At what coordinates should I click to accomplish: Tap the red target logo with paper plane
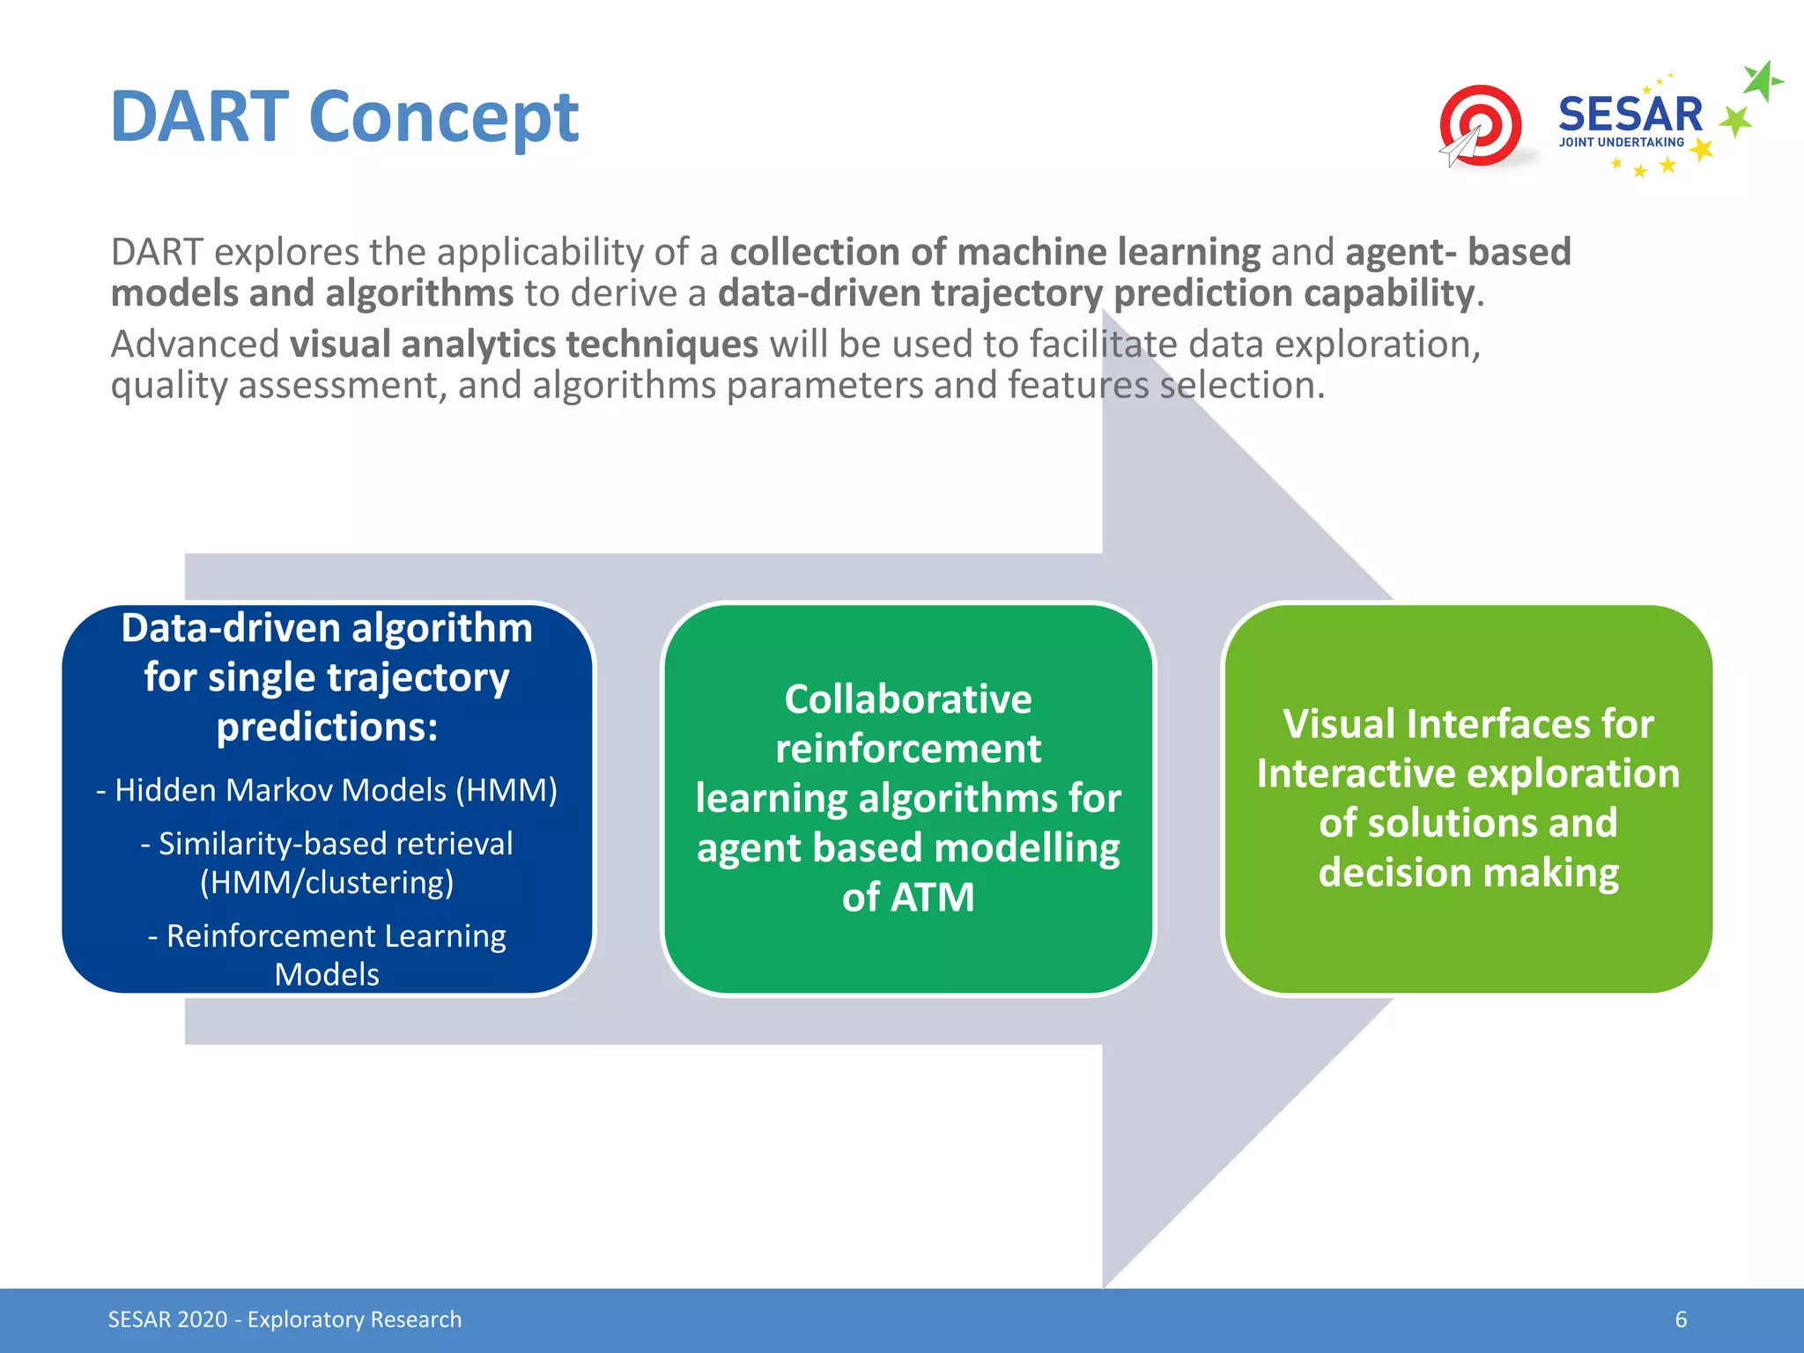coord(1479,126)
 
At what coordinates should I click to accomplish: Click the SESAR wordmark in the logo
coord(1630,115)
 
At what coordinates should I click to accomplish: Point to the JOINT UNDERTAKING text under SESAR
coord(1621,142)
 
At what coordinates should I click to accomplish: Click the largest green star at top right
coord(1761,82)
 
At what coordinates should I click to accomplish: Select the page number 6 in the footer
coord(1681,1320)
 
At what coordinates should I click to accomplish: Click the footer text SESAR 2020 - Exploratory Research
coord(285,1320)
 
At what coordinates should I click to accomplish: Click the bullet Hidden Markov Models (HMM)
coord(327,790)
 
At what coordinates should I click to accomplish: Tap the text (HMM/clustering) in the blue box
coord(327,883)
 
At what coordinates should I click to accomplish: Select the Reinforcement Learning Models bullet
coord(327,954)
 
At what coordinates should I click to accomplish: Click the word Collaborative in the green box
coord(907,699)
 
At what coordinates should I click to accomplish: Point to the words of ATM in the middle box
coord(907,898)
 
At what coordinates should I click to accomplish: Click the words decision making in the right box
coord(1468,873)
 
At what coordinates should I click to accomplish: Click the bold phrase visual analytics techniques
coord(524,344)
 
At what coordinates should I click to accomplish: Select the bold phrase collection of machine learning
coord(994,252)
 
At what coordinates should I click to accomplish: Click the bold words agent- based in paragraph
coord(1458,252)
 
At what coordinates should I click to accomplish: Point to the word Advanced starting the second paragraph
coord(195,344)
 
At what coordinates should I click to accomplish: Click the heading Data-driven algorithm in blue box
coord(327,629)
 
